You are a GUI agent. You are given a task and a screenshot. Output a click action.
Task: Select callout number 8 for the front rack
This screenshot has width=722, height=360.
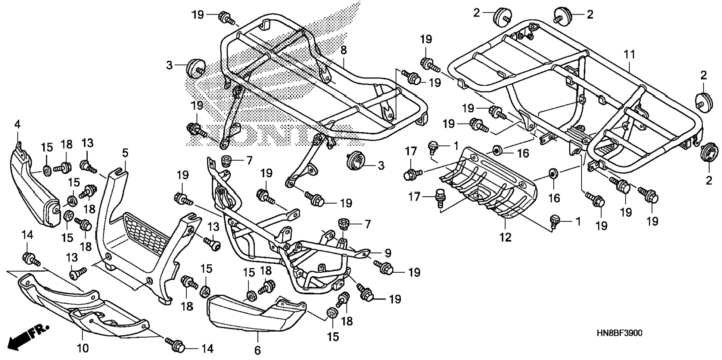point(343,50)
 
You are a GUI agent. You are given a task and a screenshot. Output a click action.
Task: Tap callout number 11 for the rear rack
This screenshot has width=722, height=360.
point(629,55)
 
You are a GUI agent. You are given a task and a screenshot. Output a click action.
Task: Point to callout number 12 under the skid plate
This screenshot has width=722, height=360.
point(505,237)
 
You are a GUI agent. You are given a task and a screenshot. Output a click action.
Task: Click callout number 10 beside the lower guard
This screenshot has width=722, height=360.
point(83,348)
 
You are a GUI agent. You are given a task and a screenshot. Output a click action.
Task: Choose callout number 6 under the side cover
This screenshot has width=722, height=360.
point(257,350)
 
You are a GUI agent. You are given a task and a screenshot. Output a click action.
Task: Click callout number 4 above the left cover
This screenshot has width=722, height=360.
point(17,124)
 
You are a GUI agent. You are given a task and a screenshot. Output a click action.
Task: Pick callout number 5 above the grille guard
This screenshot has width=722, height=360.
point(125,153)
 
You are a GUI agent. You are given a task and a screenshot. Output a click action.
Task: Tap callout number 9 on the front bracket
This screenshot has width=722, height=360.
point(388,253)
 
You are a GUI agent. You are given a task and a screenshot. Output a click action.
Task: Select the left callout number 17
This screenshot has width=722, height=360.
point(411,151)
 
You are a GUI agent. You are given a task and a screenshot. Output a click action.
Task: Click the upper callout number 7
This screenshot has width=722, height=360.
point(249,161)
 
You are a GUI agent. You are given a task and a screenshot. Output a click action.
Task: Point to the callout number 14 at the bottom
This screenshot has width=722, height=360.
point(207,349)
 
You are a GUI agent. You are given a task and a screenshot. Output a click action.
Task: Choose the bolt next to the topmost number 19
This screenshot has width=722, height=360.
point(226,17)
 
